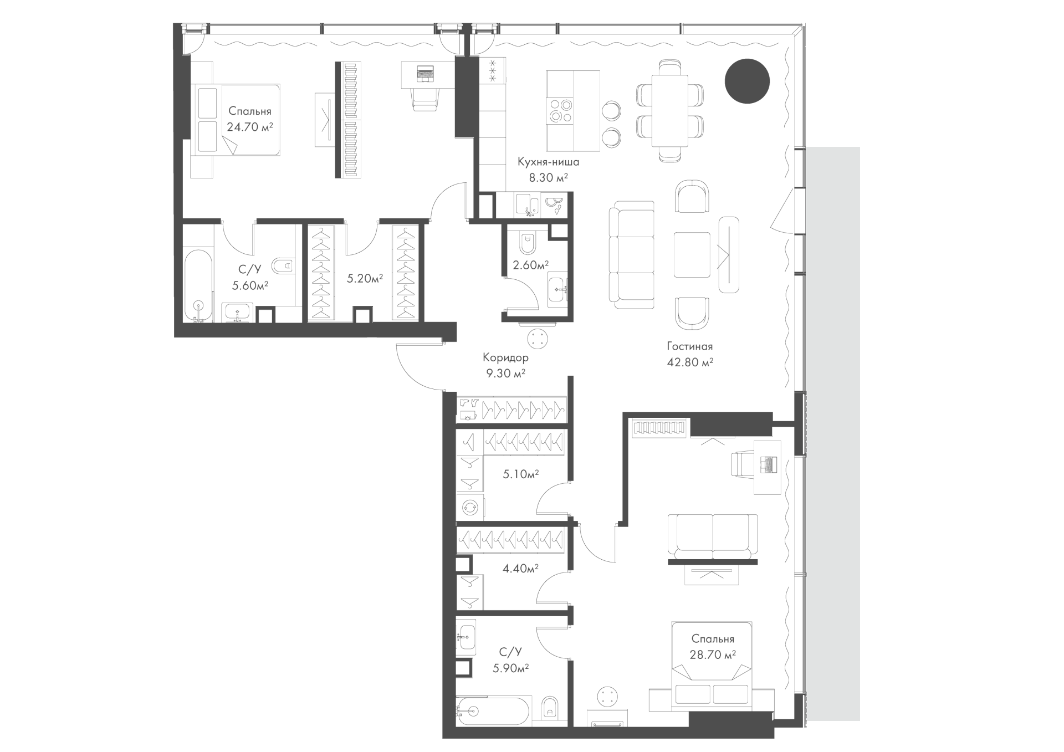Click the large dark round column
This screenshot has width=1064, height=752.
coord(747,81)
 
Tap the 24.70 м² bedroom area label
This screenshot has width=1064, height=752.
coord(249,126)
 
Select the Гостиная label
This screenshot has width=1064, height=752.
coord(689,346)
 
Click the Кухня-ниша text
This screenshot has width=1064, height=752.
coord(549,162)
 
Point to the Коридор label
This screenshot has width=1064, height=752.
coord(505,358)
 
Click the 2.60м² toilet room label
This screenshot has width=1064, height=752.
coord(531,265)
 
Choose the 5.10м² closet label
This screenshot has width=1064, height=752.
coord(521,474)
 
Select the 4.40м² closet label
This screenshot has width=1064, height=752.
coord(521,568)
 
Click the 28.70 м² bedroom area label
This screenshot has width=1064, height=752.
coord(713,654)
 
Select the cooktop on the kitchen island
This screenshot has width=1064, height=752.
coord(560,110)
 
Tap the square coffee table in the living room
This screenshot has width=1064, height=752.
coord(692,254)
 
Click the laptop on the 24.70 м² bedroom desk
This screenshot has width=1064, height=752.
coord(425,73)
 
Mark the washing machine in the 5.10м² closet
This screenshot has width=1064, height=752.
coord(470,508)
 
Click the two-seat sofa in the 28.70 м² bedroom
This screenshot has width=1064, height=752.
coord(713,536)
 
